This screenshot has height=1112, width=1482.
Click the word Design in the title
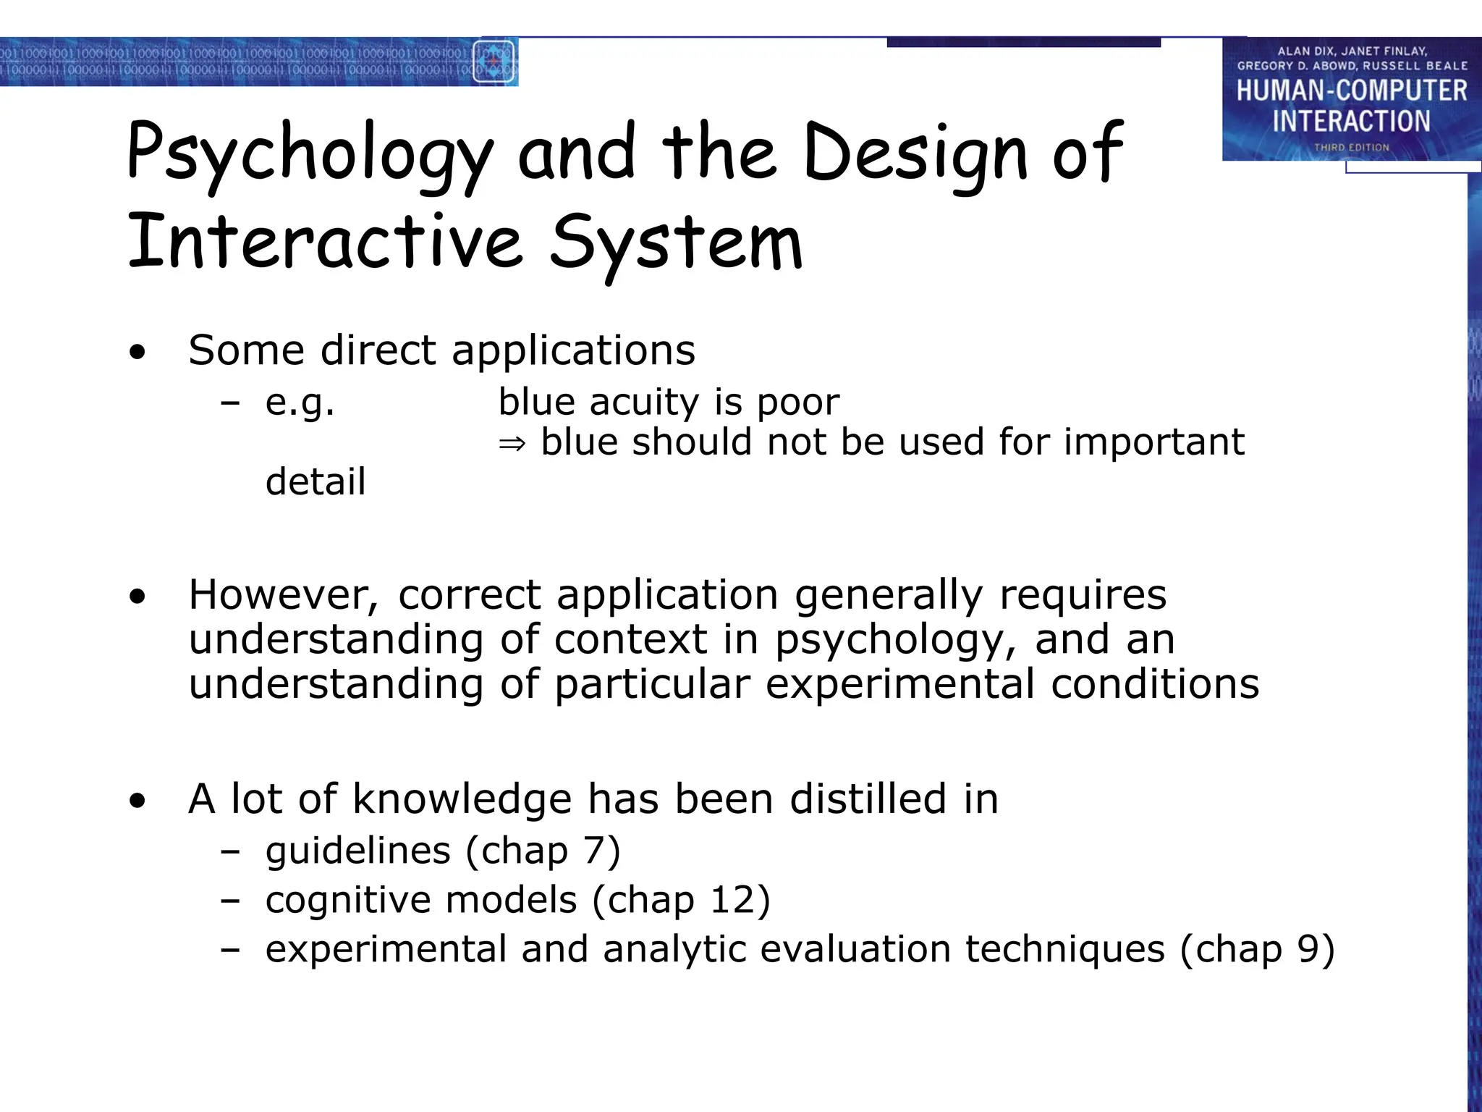coord(915,153)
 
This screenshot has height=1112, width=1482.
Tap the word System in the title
coord(676,243)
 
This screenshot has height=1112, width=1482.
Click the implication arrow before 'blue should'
coord(512,443)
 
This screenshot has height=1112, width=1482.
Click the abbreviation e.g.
coord(300,403)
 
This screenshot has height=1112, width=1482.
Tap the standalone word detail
coord(316,482)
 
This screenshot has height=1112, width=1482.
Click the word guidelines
coord(357,851)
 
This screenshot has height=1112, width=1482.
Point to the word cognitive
coord(348,901)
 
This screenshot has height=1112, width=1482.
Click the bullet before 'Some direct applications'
coord(137,353)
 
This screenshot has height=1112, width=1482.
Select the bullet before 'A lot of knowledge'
coord(137,801)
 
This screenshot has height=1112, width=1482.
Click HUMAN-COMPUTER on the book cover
coord(1352,91)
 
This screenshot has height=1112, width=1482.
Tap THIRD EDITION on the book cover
coord(1352,148)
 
